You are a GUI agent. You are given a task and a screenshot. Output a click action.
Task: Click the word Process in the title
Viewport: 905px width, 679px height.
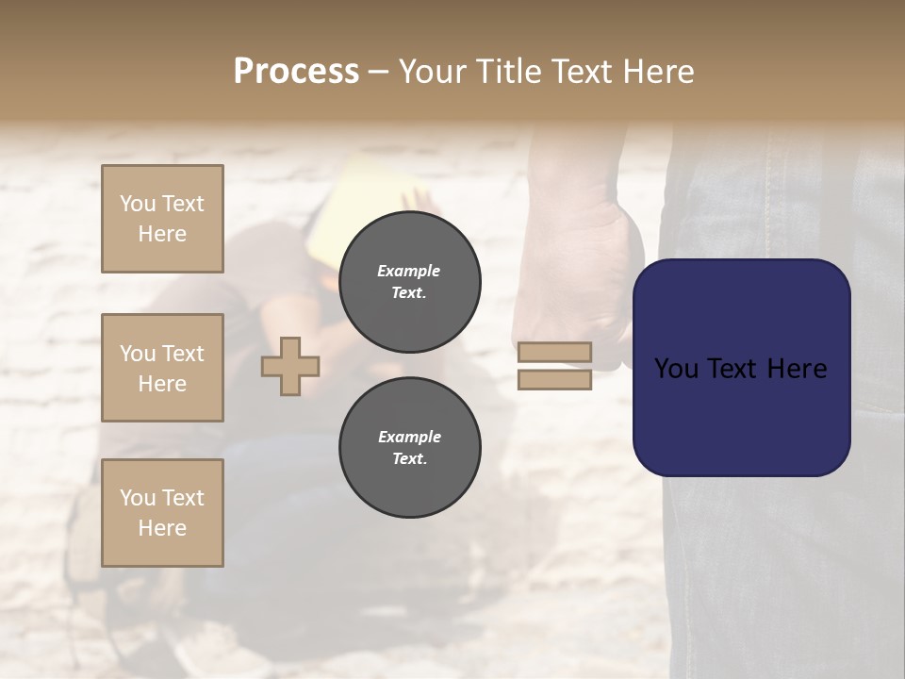pos(296,72)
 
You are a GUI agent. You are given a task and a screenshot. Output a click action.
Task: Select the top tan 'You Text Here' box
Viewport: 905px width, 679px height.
pos(162,219)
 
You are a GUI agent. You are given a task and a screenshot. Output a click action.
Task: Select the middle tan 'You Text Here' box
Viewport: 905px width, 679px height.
pos(162,368)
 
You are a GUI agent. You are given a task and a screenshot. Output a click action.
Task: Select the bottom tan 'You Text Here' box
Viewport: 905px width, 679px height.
pos(162,513)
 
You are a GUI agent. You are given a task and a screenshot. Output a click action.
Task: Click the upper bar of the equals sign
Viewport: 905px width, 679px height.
pos(554,353)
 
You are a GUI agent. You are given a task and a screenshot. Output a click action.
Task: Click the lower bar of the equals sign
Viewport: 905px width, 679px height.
pos(554,380)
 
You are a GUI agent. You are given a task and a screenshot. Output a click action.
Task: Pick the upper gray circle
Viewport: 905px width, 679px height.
pos(409,282)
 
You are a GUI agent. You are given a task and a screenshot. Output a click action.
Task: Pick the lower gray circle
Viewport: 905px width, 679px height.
pos(409,448)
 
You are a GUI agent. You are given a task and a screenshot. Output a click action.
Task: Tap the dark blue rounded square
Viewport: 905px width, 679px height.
pos(741,368)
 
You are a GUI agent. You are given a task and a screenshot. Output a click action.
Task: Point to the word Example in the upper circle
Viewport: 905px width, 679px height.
pos(409,271)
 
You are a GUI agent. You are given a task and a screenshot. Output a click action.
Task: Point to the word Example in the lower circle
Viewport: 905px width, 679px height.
pos(409,437)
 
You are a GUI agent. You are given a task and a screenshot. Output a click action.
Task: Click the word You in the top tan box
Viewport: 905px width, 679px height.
pos(138,204)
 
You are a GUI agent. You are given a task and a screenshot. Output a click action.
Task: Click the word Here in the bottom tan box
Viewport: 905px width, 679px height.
pos(162,528)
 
